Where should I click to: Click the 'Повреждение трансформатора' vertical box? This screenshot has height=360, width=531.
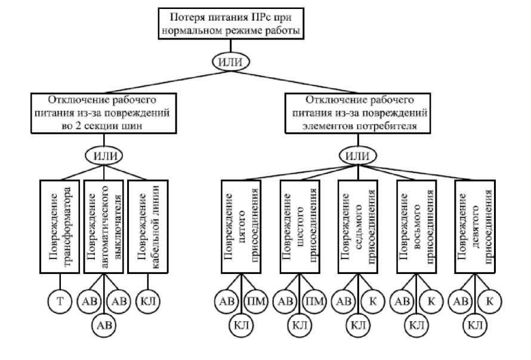point(60,227)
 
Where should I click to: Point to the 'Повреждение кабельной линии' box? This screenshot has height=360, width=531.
point(148,227)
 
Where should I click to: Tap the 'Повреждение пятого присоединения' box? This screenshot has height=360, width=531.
point(241,227)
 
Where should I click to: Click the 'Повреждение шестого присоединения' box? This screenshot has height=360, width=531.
point(300,227)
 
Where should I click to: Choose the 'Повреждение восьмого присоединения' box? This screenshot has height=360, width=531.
point(416,227)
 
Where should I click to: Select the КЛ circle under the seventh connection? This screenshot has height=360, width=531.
point(357,326)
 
